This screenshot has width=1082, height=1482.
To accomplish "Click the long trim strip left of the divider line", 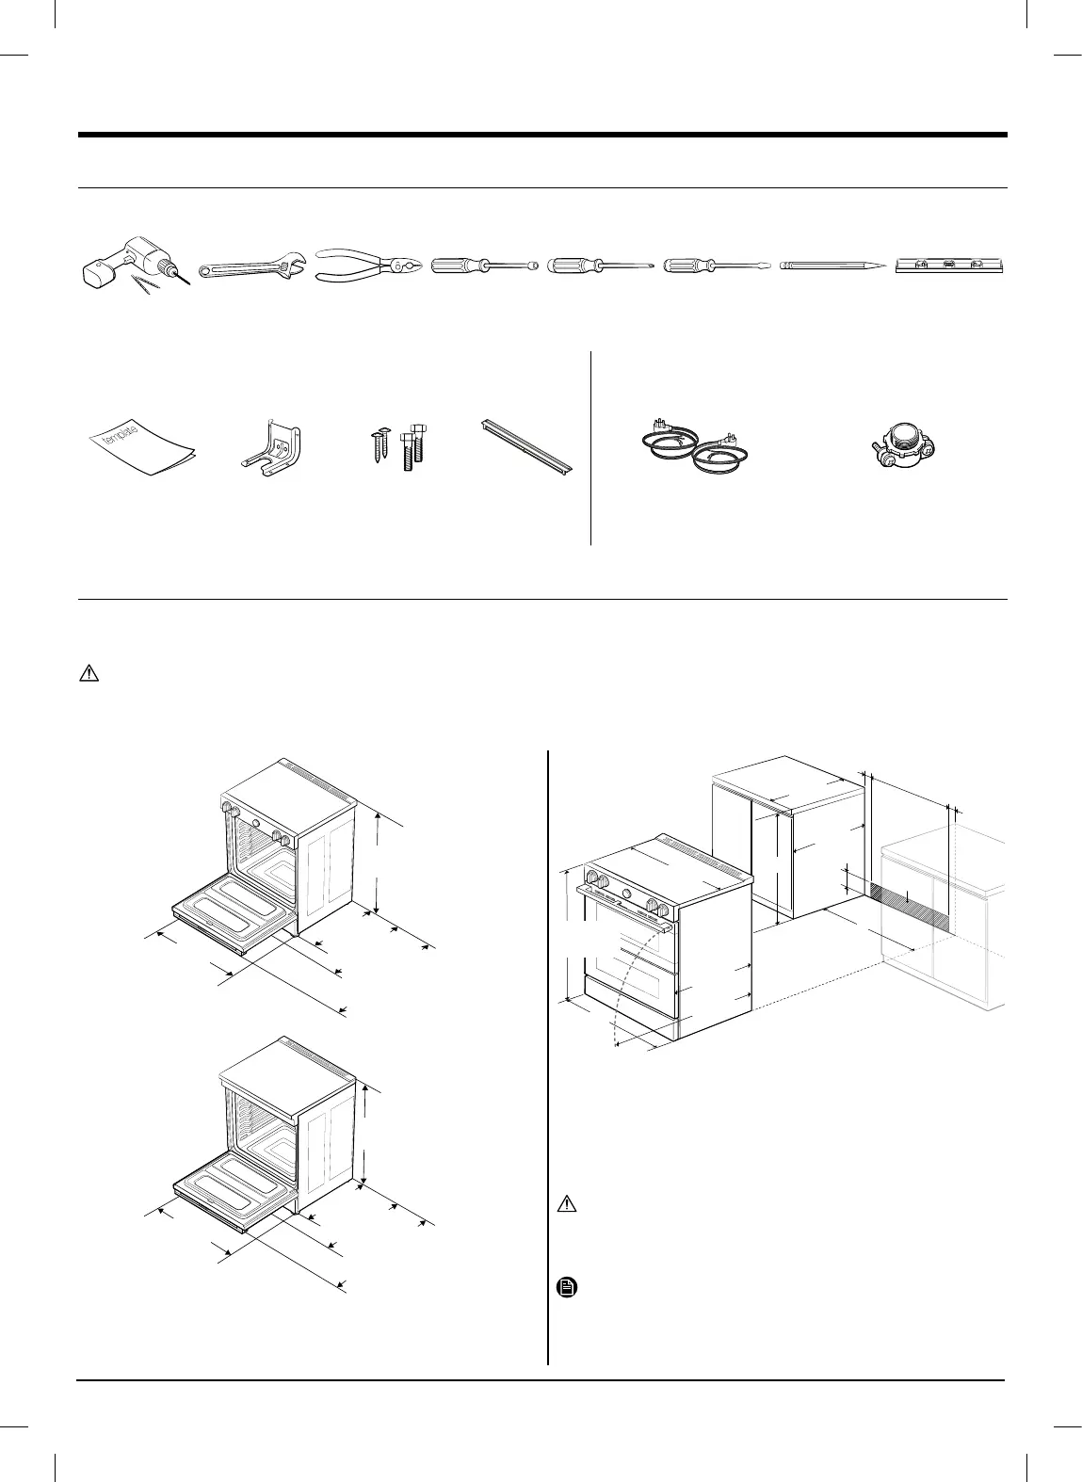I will click(526, 445).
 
